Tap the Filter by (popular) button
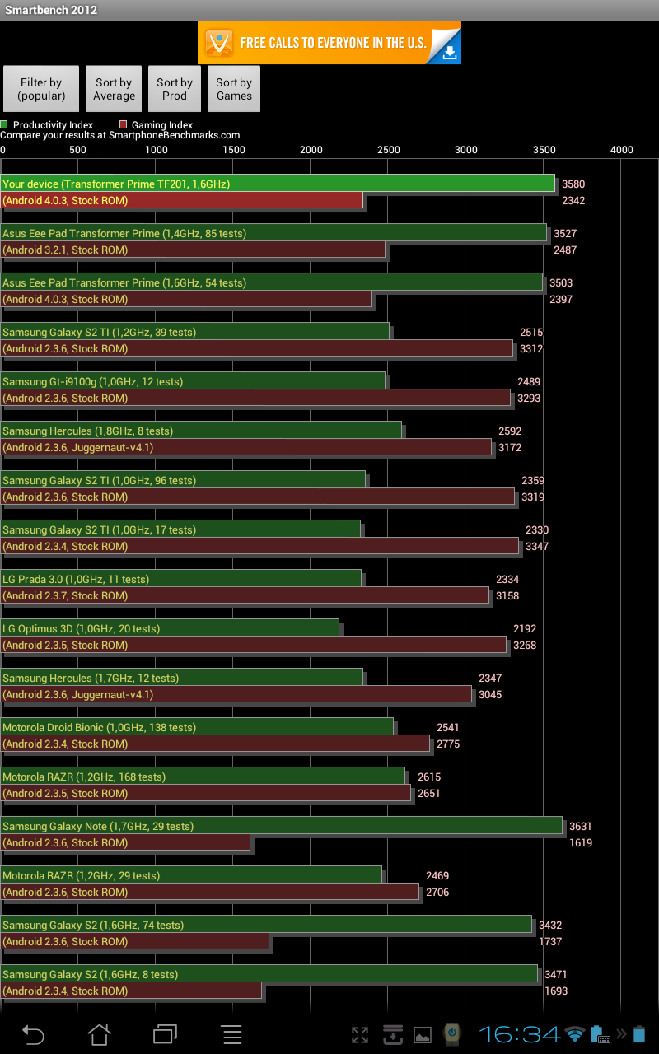click(x=41, y=89)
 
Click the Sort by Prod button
click(x=175, y=89)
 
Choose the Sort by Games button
click(x=234, y=89)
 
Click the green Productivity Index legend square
click(x=4, y=125)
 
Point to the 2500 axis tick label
click(x=389, y=150)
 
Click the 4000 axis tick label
click(x=621, y=150)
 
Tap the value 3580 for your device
click(x=573, y=184)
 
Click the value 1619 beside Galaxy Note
click(x=580, y=843)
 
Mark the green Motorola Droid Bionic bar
click(x=198, y=727)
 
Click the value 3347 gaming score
click(x=537, y=547)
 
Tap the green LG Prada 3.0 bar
click(x=181, y=579)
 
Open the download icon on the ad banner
click(x=449, y=53)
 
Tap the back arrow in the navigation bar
click(x=33, y=1034)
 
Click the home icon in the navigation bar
click(x=100, y=1034)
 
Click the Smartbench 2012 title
click(x=51, y=10)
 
